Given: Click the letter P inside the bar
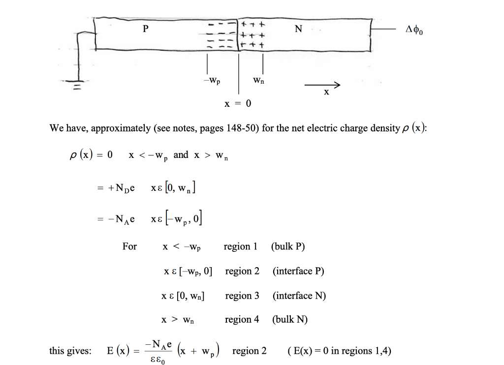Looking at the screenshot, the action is (145, 29).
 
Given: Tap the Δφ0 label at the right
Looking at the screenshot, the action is (414, 30).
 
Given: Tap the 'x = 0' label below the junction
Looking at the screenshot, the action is (237, 104).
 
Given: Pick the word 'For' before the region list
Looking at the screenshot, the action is (129, 246).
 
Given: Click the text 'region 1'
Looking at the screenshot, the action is (241, 246).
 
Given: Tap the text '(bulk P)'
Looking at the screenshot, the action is (288, 246).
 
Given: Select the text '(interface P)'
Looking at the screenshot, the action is (298, 271).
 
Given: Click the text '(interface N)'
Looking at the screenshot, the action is (299, 296).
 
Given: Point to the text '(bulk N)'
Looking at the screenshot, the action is (290, 320).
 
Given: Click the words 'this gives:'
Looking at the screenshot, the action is (70, 351).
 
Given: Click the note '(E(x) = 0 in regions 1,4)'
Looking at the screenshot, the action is (339, 351).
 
